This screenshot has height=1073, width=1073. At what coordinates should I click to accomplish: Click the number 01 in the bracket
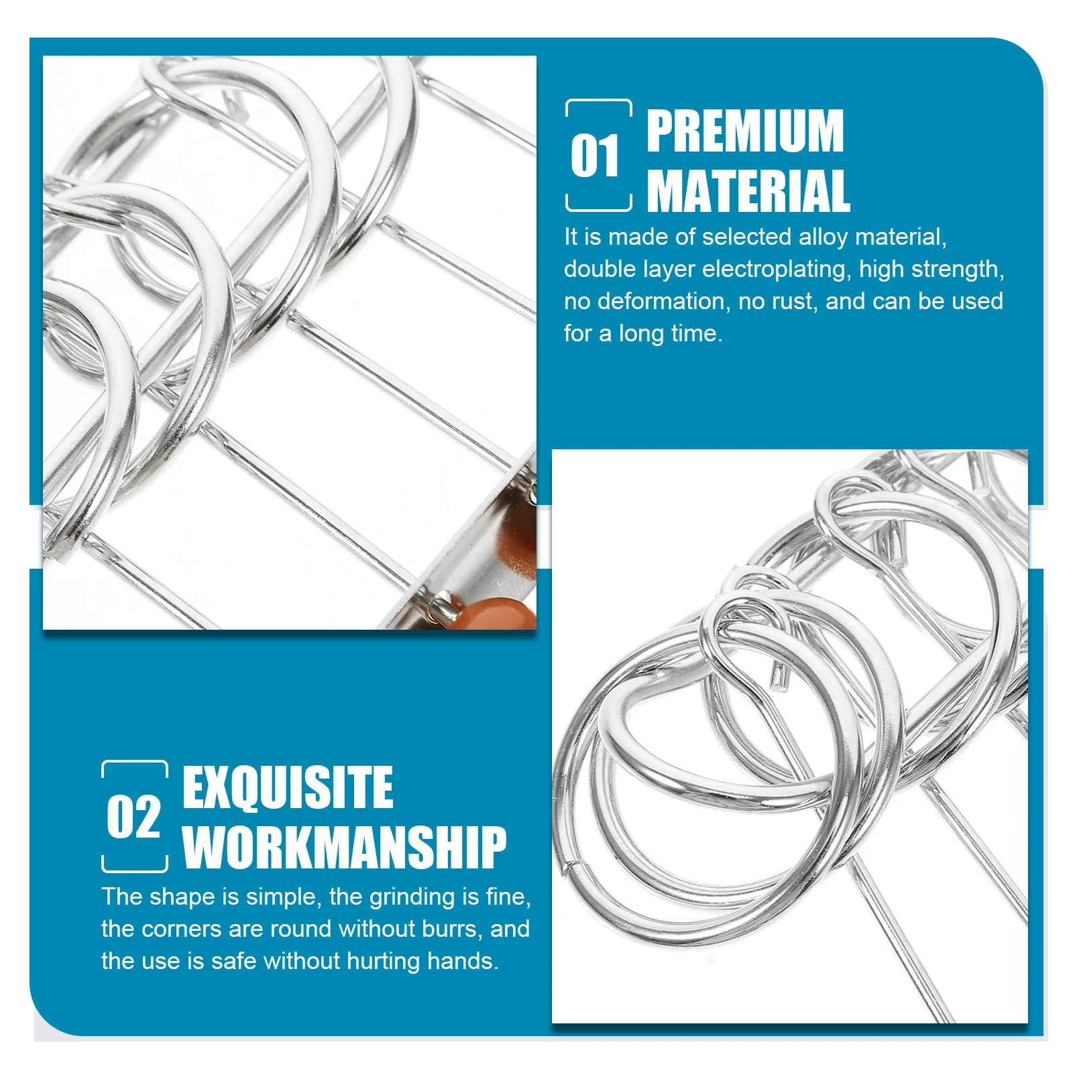(595, 156)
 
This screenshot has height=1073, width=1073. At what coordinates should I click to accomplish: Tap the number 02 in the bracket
(133, 817)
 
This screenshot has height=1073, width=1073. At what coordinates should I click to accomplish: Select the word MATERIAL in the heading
(748, 191)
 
